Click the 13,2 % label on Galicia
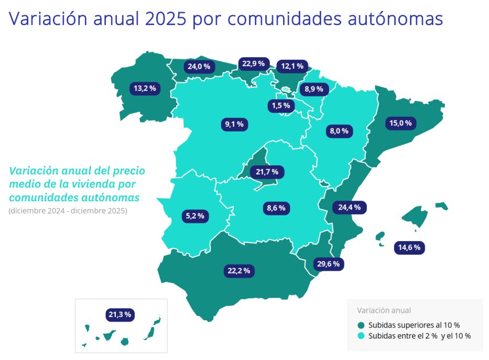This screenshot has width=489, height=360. [x=145, y=88]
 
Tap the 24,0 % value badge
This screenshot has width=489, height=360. [x=199, y=67]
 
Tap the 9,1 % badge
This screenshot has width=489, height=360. [x=234, y=124]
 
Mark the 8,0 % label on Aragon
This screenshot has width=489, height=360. [x=339, y=131]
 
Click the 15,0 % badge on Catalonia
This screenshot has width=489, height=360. [x=401, y=123]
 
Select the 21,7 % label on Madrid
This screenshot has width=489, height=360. [x=267, y=171]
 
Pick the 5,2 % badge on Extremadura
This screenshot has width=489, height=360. [x=196, y=215]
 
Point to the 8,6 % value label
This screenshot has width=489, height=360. [x=276, y=208]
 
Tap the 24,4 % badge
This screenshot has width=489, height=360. [x=350, y=207]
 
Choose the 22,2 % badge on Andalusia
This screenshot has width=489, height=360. [x=239, y=271]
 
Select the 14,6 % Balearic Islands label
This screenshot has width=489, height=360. [x=409, y=247]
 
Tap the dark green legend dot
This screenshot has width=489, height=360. [x=361, y=325]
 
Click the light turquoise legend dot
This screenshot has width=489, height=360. [x=361, y=335]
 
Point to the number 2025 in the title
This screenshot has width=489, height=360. [x=164, y=19]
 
